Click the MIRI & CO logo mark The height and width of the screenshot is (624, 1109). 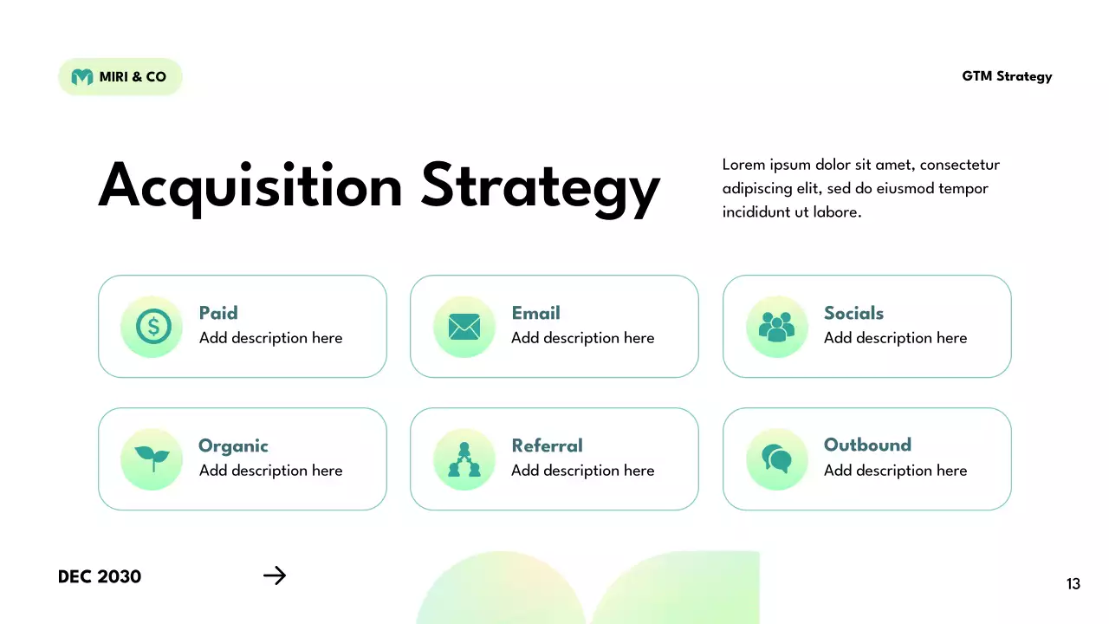pos(82,77)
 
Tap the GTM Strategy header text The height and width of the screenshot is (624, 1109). pos(1007,76)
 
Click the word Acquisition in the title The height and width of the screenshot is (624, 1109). pos(250,186)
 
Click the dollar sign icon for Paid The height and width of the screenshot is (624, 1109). pos(152,327)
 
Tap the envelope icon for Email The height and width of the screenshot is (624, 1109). pos(464,327)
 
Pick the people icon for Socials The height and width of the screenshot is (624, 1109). pos(776,327)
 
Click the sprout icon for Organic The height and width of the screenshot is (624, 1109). pos(152,458)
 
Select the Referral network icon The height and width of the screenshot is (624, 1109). pos(464,459)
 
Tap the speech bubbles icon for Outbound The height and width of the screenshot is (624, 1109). pos(776,458)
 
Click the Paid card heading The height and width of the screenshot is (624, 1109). pos(218,313)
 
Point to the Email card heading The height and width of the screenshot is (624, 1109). pos(535,313)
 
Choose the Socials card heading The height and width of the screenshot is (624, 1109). pos(853,313)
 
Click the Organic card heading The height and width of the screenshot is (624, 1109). pos(233,445)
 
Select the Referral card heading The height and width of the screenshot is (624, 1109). pos(547,445)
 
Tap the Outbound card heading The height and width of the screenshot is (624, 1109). pos(867,445)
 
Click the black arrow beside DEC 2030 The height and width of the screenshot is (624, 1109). pos(275,575)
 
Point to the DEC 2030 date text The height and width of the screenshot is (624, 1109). pos(100,576)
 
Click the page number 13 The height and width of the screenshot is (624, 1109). pos(1073,584)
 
